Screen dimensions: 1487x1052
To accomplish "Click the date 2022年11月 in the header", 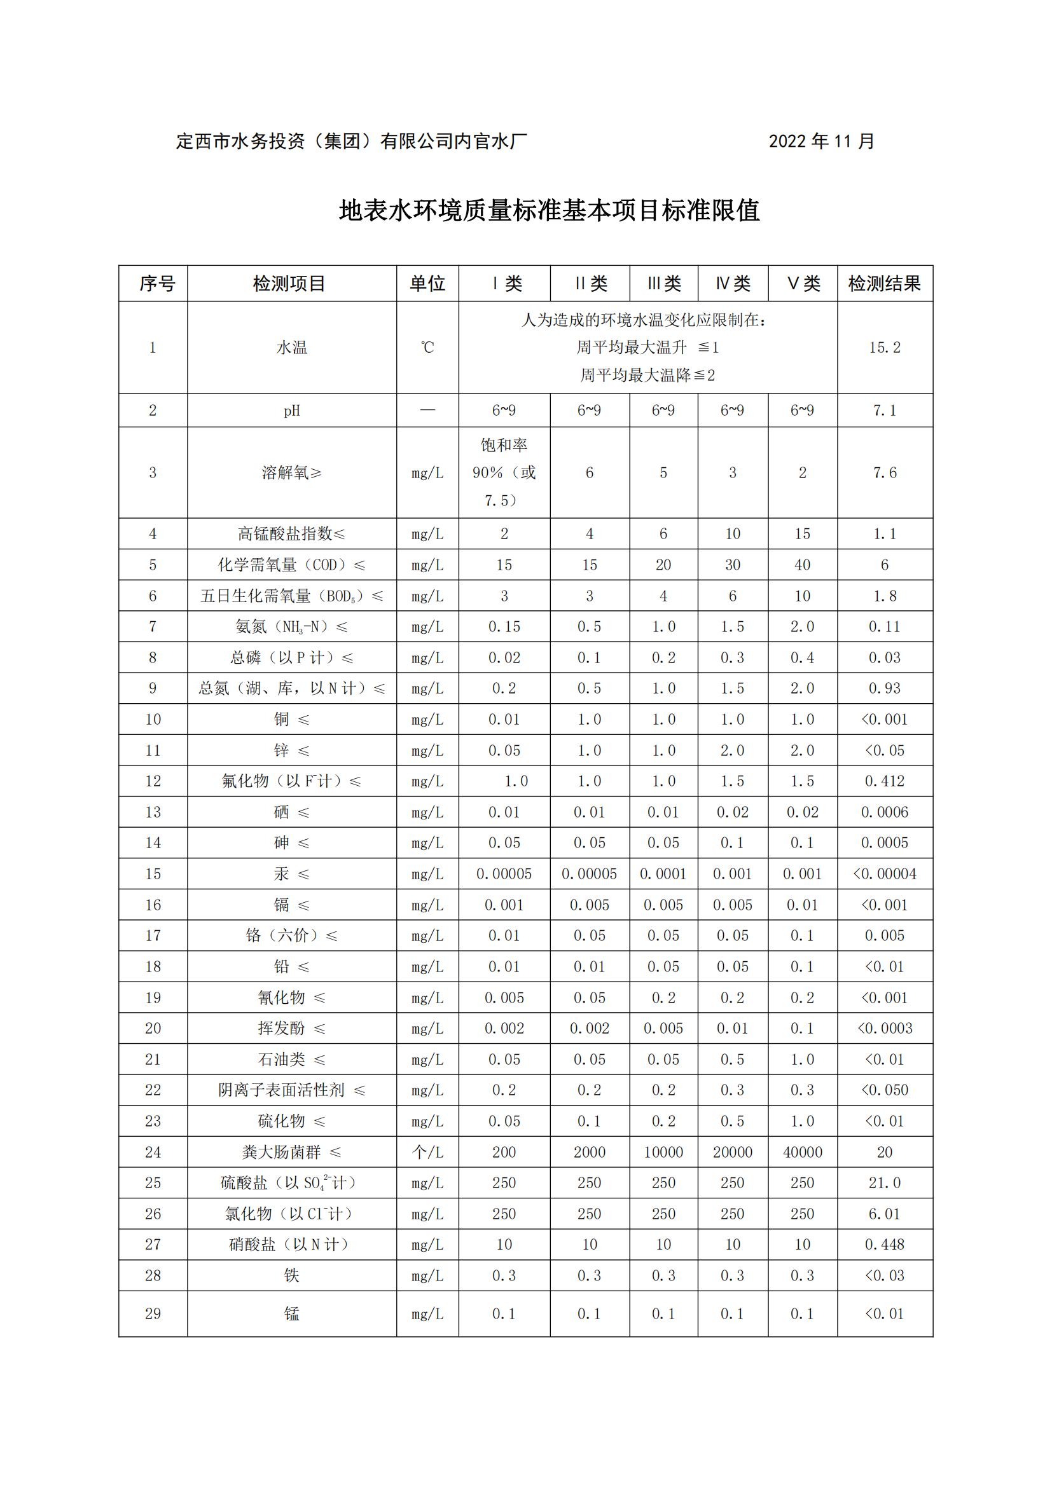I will coord(821,141).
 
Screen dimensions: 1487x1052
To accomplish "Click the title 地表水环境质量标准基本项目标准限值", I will coord(550,210).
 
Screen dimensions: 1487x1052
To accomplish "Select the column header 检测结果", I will coord(884,284).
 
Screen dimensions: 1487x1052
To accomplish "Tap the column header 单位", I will coord(427,284).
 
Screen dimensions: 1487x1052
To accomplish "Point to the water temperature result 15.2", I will coord(884,348).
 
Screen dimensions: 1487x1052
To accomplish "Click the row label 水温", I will coord(291,348).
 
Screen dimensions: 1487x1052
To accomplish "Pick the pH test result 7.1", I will coord(884,411).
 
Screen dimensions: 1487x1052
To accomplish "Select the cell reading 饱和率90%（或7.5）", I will coord(504,473).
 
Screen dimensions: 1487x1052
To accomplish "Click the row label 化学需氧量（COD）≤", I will coord(291,565).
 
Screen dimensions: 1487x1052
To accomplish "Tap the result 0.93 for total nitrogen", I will coord(884,689).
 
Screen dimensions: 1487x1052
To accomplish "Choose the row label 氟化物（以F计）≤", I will coord(291,782).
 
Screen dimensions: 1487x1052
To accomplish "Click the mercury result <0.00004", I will coord(884,874).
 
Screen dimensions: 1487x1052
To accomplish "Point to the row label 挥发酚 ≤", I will coord(291,1029).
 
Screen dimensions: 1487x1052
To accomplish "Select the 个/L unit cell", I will coord(427,1152).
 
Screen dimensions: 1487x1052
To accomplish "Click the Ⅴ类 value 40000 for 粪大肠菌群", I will coord(802,1152).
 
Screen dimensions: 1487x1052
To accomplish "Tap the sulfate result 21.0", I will coord(884,1183).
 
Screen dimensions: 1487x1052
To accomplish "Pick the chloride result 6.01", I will coord(884,1214).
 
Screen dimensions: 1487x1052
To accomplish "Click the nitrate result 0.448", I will coord(884,1245).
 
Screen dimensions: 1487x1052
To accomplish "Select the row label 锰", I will coord(291,1314).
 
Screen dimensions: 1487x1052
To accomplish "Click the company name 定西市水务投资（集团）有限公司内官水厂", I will coord(351,141).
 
